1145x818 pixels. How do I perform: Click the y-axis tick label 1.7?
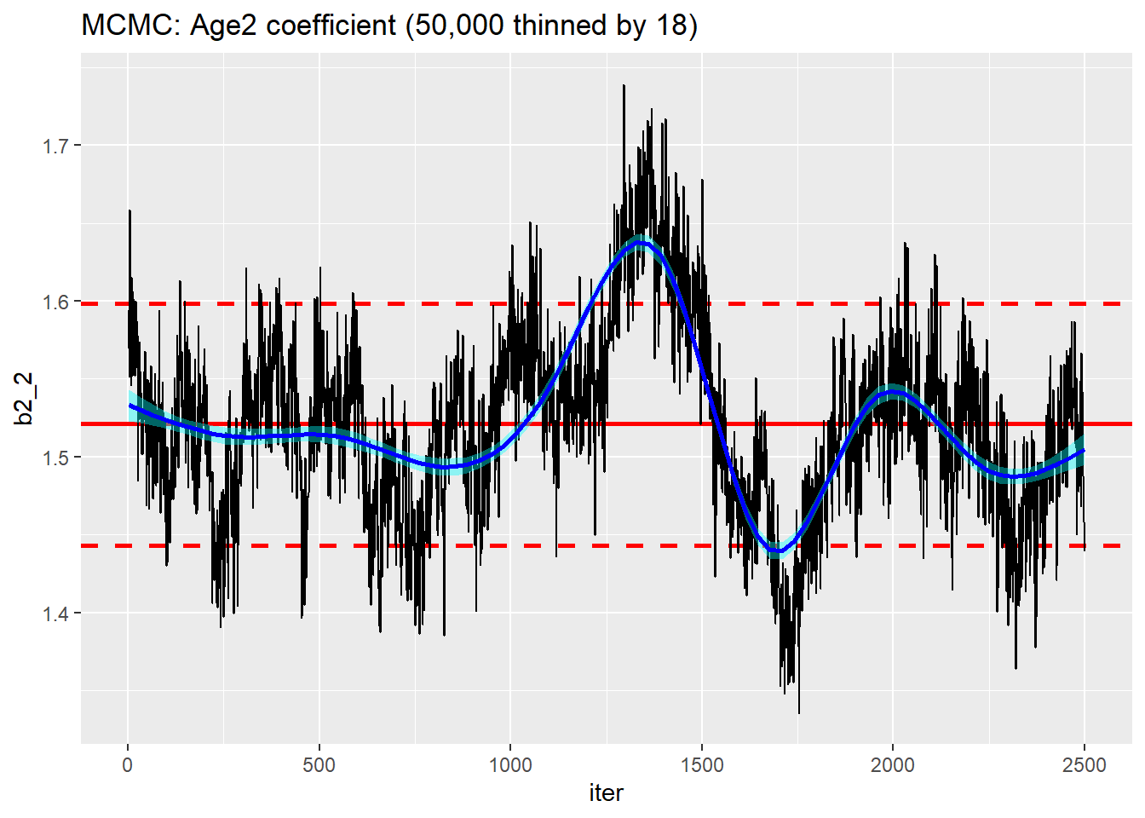coord(55,146)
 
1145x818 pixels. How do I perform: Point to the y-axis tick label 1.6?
coord(55,302)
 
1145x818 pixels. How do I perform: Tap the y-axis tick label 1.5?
coord(55,458)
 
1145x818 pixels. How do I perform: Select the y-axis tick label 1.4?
coord(55,613)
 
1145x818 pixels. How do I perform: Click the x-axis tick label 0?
coord(128,765)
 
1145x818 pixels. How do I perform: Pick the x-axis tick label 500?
coord(319,765)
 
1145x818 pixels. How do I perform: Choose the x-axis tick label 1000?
coord(510,765)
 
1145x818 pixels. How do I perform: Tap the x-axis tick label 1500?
coord(701,765)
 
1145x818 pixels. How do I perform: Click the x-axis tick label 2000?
coord(893,765)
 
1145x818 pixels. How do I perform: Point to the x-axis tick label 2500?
coord(1084,765)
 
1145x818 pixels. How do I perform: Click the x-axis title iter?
coord(606,793)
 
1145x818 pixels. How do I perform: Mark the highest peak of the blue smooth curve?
coord(641,243)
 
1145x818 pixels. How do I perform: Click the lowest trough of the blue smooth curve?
coord(777,551)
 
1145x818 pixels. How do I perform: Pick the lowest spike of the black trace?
coord(798,712)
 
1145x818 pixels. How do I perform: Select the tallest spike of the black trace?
coord(624,85)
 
